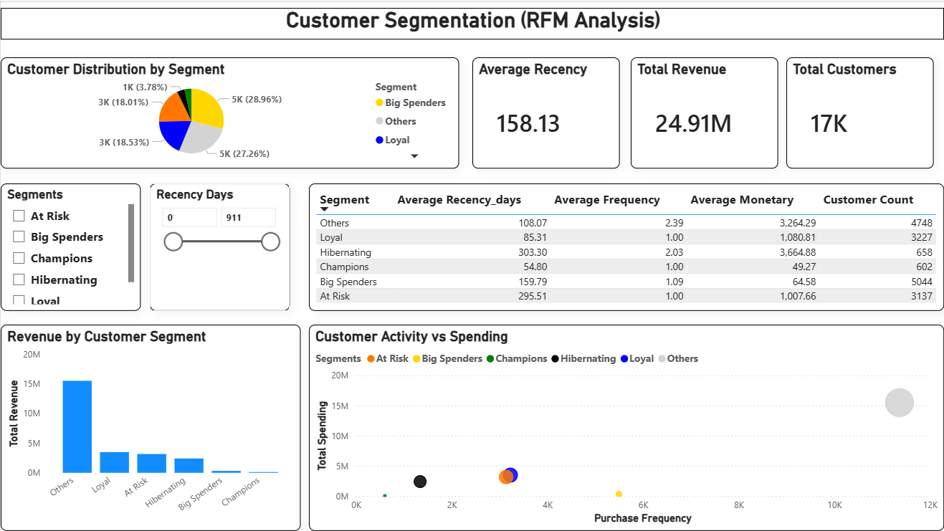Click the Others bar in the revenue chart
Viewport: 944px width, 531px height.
(x=77, y=426)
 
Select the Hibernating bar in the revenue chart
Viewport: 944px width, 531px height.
(x=189, y=465)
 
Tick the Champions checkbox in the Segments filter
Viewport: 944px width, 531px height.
(x=19, y=259)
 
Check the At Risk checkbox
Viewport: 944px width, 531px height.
(x=19, y=216)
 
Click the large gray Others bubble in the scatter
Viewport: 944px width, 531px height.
(x=899, y=403)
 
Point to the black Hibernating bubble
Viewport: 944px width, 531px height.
(x=420, y=482)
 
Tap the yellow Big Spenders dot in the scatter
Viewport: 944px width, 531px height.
(x=619, y=494)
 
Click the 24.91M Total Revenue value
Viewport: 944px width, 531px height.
(x=693, y=124)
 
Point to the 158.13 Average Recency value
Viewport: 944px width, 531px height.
(x=528, y=124)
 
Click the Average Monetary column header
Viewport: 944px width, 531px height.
(x=741, y=200)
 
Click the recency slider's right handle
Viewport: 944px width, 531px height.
(x=270, y=242)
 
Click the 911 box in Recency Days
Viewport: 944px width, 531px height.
(x=247, y=217)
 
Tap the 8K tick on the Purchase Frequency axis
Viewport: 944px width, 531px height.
(x=739, y=505)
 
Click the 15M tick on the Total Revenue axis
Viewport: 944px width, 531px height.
(x=31, y=384)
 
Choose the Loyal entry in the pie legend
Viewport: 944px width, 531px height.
(x=397, y=140)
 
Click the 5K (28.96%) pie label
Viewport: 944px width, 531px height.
(x=256, y=100)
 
